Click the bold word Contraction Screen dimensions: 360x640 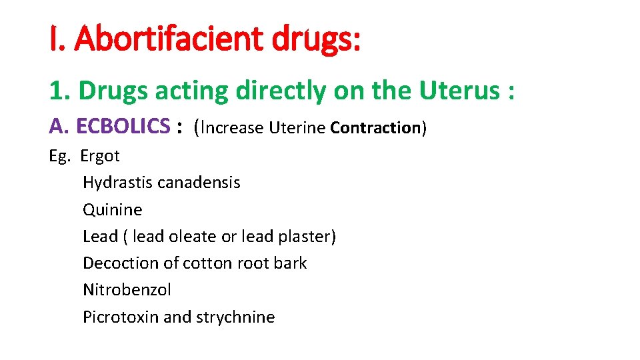(x=374, y=127)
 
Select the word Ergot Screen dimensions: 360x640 (x=100, y=157)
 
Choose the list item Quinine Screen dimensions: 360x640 (x=112, y=210)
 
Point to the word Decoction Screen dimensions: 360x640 (x=120, y=263)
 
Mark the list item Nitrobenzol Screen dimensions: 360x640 (x=127, y=290)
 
